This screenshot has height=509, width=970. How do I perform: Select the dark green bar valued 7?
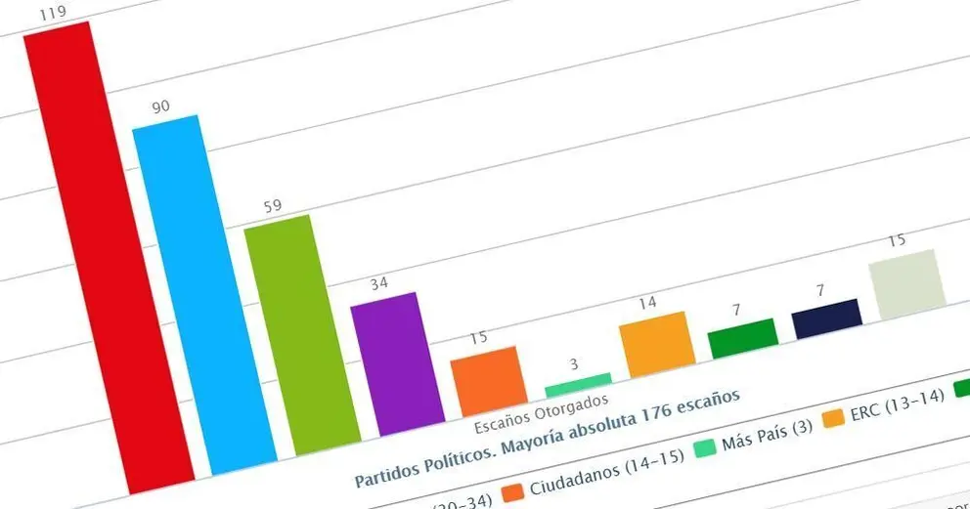click(743, 337)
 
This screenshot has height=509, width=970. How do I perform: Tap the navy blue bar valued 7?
click(827, 318)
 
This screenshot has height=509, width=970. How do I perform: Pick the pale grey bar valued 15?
click(908, 283)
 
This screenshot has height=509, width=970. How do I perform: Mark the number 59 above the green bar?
click(274, 206)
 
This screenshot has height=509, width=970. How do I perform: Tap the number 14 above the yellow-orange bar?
click(647, 304)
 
